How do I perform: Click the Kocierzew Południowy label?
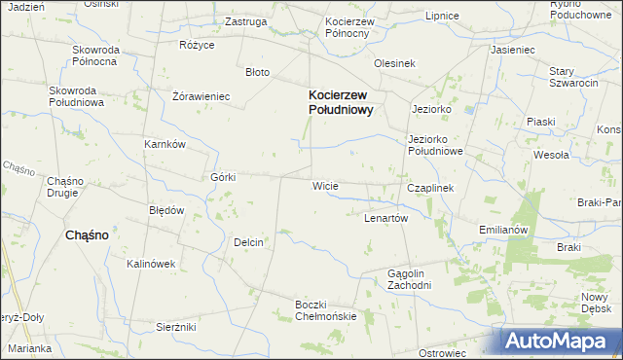341,102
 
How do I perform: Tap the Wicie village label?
324,185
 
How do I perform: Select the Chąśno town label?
86,234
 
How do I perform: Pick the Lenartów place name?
385,218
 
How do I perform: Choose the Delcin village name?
249,242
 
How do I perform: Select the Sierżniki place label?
176,327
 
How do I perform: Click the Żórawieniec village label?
201,96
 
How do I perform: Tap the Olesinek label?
395,63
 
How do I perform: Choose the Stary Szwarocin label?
573,78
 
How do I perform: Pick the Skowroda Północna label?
94,54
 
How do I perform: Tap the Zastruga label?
245,20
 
